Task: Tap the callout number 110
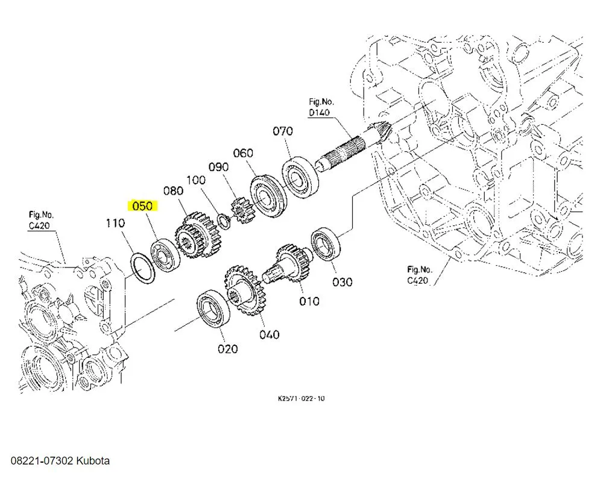point(115,224)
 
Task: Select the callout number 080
point(173,192)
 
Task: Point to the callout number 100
point(196,180)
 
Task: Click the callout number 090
point(218,167)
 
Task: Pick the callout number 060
point(243,154)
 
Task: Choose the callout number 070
point(282,131)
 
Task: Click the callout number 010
point(309,301)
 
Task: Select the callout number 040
point(269,334)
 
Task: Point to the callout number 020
point(228,349)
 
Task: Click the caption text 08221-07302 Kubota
point(60,461)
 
